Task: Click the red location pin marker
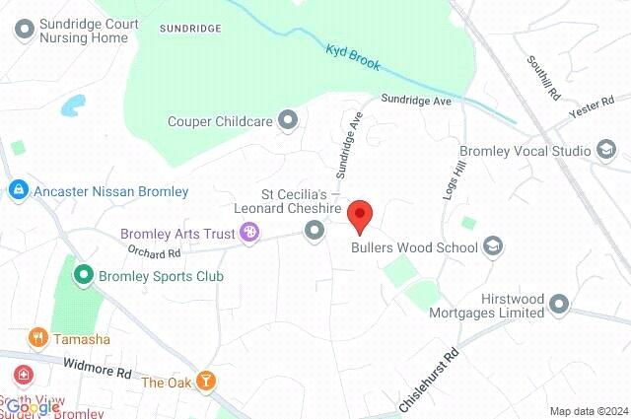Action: point(362,214)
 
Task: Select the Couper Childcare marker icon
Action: point(288,121)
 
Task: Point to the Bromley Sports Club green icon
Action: point(85,276)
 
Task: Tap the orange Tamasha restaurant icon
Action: point(38,338)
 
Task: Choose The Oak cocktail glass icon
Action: point(206,382)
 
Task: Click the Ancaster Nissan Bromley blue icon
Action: point(17,191)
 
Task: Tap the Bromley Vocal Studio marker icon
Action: point(605,151)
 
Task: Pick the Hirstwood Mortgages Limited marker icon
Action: point(560,305)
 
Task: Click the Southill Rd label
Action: point(541,78)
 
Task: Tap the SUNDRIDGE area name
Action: point(189,29)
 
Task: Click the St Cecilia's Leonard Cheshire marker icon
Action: point(315,231)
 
